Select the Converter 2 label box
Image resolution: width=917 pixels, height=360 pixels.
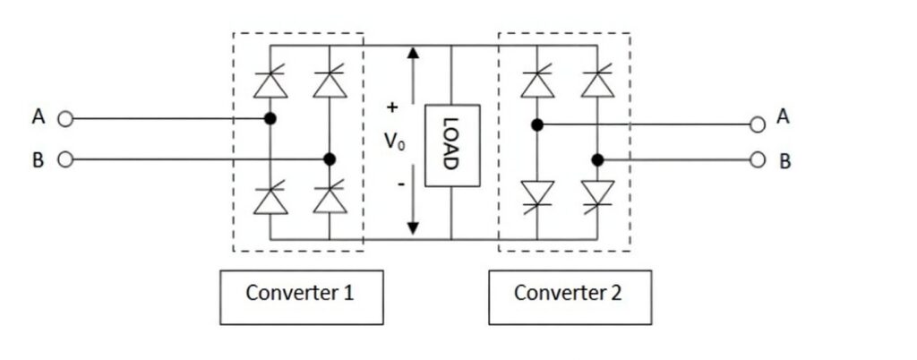tap(570, 294)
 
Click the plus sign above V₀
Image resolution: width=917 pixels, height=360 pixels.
tap(391, 107)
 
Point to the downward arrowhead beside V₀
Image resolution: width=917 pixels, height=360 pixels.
tap(413, 228)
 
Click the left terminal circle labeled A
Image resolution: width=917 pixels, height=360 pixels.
tap(64, 118)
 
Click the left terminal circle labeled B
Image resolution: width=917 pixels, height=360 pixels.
tap(64, 159)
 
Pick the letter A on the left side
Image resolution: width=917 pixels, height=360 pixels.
tap(39, 117)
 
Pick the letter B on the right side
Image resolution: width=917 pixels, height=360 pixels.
tap(784, 163)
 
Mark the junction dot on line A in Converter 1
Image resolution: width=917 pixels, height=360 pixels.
tap(270, 118)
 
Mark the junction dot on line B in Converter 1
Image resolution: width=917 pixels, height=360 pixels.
tap(330, 159)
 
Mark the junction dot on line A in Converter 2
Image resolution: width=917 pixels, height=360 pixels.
tap(536, 124)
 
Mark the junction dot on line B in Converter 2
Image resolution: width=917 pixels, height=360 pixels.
tap(597, 160)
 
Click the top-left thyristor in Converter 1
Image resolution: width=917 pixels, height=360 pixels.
tap(270, 82)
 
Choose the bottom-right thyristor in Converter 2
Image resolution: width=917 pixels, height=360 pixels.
tap(597, 194)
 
